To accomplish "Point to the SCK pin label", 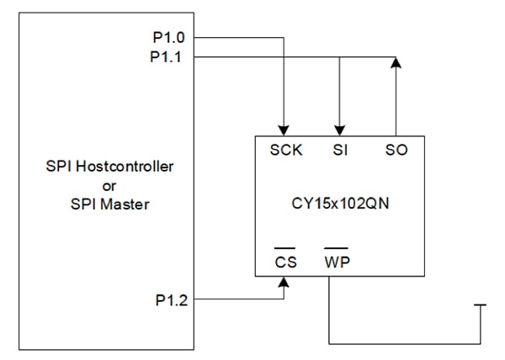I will click(x=286, y=151).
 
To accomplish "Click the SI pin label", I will click(x=338, y=151).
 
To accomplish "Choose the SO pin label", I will click(x=396, y=151).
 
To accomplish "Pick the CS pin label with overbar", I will click(x=286, y=262).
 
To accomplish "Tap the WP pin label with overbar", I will click(x=337, y=262).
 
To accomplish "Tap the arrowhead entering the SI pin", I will click(x=338, y=128).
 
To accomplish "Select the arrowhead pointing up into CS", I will click(x=286, y=283).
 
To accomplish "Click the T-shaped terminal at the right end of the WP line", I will click(x=481, y=307).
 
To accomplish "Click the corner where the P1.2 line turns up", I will click(x=286, y=298).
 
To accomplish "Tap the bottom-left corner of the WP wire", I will click(x=328, y=343).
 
